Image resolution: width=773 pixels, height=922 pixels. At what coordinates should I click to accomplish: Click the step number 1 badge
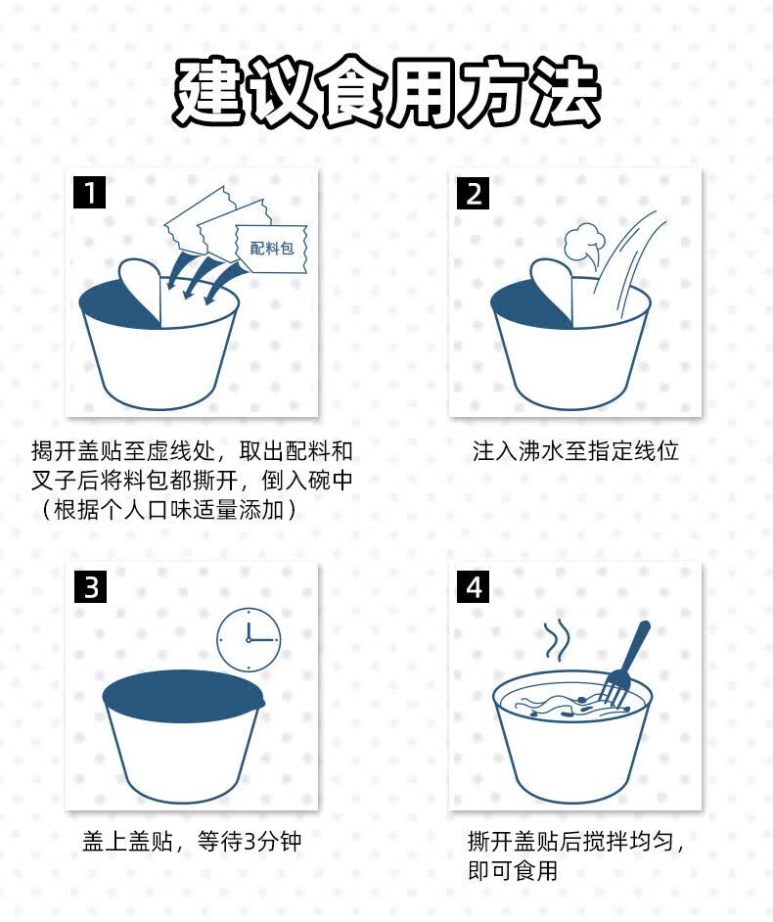point(89,192)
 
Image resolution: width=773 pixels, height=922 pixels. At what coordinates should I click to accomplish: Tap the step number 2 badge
point(474,193)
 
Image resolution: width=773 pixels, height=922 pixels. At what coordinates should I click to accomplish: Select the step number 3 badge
point(91,586)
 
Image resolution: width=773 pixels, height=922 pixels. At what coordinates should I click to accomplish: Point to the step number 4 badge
point(474,586)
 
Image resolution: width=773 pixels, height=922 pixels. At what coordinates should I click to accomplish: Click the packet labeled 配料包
point(272,249)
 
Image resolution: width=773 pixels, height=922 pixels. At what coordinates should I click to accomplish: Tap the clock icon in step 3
point(249,639)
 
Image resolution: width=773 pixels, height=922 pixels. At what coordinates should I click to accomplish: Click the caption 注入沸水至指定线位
point(575,451)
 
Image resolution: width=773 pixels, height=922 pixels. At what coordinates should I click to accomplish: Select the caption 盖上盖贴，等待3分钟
point(192,842)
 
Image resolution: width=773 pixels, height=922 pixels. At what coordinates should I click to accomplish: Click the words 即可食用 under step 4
point(513,870)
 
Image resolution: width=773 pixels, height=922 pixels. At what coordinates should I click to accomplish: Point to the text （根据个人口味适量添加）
point(167,509)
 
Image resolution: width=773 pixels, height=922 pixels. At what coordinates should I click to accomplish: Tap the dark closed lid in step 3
point(184,696)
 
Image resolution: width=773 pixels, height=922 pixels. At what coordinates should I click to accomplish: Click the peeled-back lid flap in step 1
point(140,291)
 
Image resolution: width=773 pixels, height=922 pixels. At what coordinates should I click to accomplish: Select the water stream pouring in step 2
point(624,258)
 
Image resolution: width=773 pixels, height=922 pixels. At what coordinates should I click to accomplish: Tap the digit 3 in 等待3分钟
point(250,842)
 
